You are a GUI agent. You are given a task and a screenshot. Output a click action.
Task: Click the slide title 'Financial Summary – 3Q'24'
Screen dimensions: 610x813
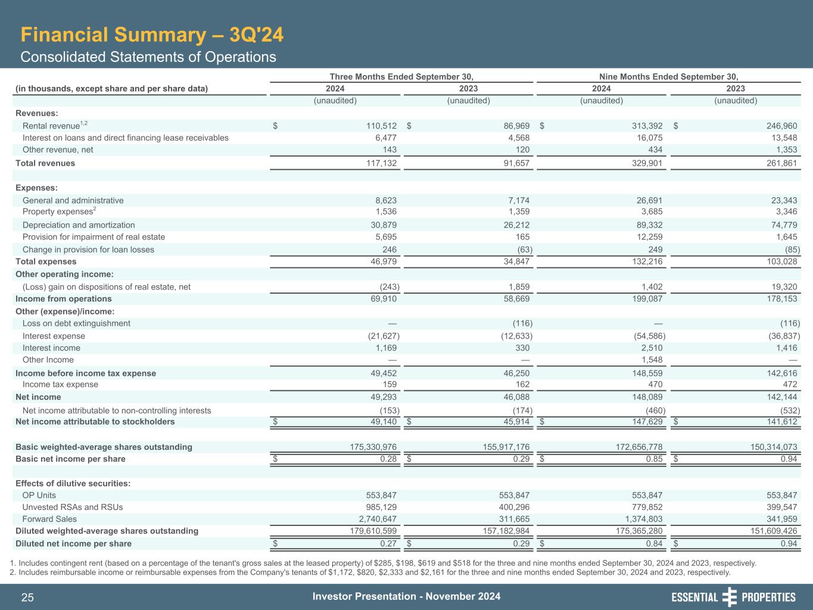point(152,35)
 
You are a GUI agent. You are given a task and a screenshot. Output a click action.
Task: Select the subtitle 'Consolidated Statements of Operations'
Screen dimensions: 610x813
point(148,57)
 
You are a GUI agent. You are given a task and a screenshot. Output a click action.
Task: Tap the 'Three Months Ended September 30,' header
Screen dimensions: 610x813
point(401,76)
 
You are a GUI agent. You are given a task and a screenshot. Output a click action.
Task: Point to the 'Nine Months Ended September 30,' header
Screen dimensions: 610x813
point(668,76)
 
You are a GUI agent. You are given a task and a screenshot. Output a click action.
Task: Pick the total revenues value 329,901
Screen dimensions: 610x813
point(646,163)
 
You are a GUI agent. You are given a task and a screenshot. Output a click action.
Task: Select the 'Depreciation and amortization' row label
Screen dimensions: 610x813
point(79,225)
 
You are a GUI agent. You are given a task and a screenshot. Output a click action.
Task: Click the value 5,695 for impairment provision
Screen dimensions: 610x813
point(386,237)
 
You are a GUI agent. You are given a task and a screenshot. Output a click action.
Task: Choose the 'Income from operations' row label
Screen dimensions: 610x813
point(64,299)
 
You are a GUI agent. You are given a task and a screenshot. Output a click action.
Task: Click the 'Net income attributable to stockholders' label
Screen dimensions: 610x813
point(95,422)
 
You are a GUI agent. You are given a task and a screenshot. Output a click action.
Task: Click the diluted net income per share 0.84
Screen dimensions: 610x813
point(653,543)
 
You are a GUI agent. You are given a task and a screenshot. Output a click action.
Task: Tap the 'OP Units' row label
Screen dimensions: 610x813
point(39,496)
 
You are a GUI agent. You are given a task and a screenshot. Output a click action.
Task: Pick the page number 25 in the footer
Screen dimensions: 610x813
point(27,597)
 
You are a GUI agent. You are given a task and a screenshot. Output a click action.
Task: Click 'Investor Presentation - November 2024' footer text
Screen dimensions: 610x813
point(406,597)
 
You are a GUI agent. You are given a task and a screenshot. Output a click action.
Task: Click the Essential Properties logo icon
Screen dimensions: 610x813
point(729,597)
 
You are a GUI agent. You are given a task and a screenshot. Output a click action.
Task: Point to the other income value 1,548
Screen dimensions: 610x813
point(650,360)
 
